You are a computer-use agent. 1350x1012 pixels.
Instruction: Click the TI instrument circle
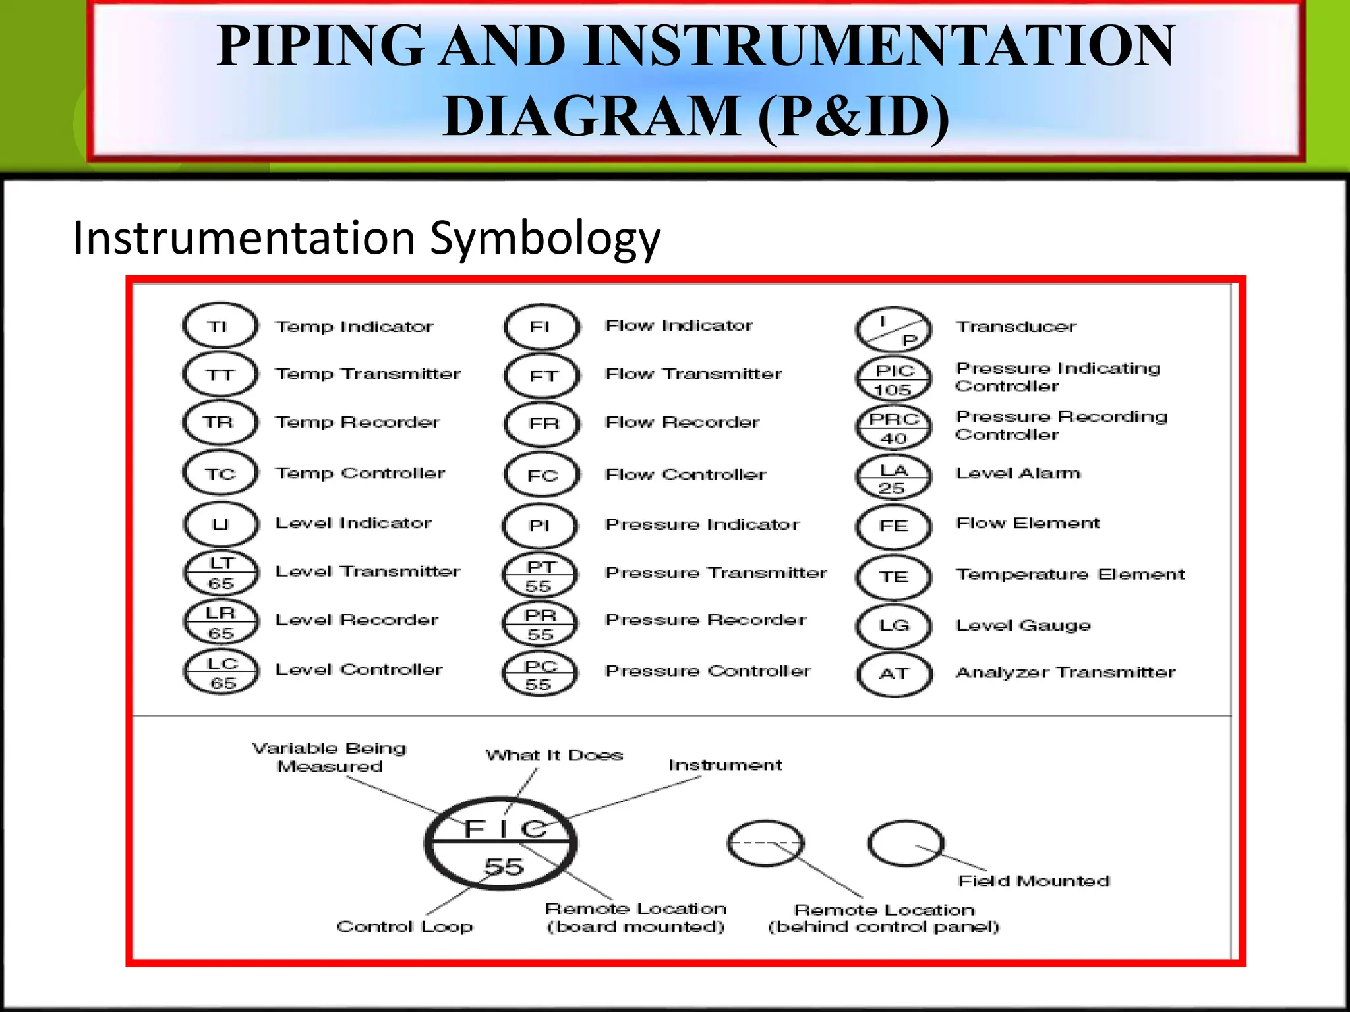click(x=220, y=325)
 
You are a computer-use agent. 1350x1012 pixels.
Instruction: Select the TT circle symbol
click(x=220, y=374)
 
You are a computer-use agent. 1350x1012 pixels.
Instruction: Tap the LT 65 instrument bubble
click(x=220, y=573)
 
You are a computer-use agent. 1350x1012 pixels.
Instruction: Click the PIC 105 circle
click(x=893, y=379)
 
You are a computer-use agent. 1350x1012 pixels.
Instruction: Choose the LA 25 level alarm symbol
click(x=893, y=478)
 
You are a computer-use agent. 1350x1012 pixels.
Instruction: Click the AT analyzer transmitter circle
click(x=895, y=674)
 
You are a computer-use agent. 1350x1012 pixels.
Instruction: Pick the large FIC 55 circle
click(x=501, y=844)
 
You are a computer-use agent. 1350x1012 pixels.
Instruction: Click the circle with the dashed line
click(x=765, y=843)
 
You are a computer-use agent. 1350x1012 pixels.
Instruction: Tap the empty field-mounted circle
click(x=906, y=843)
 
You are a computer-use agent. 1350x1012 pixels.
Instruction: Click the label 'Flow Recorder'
click(x=682, y=422)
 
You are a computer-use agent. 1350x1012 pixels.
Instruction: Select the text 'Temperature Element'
click(x=1070, y=575)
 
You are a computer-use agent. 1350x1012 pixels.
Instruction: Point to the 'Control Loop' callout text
click(x=404, y=926)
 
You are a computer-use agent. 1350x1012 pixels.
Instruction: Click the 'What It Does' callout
click(x=554, y=755)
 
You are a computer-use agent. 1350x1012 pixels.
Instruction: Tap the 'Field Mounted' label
click(x=1034, y=881)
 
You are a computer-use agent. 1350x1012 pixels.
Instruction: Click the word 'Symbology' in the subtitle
click(x=544, y=239)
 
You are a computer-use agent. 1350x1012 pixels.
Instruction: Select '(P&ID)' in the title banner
click(x=854, y=116)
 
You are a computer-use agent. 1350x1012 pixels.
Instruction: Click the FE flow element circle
click(x=893, y=526)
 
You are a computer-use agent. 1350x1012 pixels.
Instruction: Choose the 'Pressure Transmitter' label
click(x=716, y=573)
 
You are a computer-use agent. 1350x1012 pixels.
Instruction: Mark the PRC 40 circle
click(x=893, y=428)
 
